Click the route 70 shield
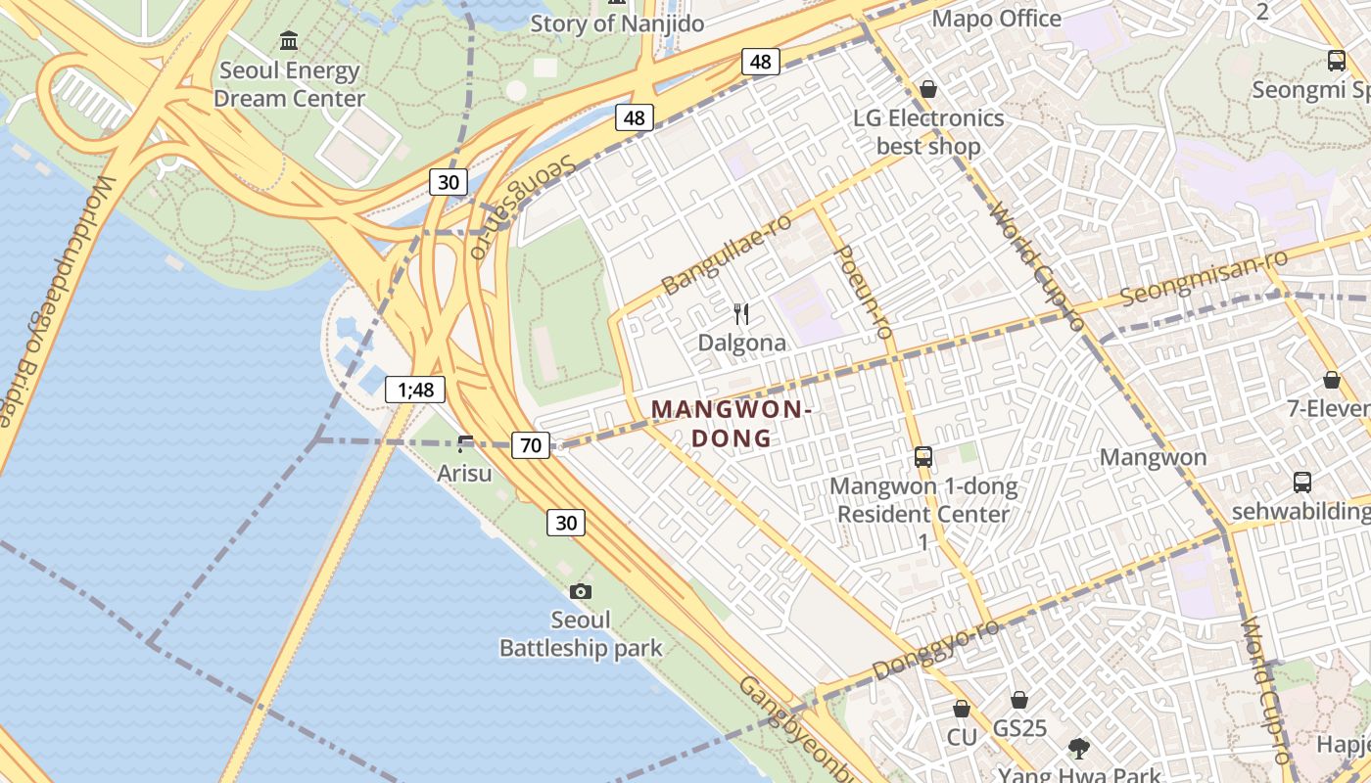530,445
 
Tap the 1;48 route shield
415,390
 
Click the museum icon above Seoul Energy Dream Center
289,41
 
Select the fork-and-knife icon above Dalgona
741,314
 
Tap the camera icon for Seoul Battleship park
581,591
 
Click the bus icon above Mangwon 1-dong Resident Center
922,457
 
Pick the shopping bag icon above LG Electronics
928,90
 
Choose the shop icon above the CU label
962,709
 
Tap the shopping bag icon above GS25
1019,700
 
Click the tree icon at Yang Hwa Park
1078,749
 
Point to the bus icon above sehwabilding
1301,483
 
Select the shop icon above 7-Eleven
1331,380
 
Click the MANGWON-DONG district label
732,423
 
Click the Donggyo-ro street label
935,648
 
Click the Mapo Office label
996,19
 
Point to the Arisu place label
464,474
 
